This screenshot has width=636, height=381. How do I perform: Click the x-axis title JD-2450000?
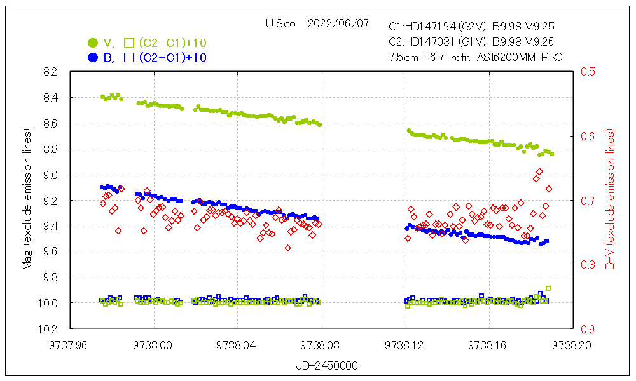tap(322, 366)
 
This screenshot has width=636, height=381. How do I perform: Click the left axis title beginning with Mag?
tap(27, 200)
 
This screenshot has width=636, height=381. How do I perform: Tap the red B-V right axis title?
tap(611, 200)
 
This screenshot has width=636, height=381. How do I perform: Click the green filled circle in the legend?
tap(93, 43)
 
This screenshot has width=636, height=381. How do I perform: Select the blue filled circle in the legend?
tap(93, 58)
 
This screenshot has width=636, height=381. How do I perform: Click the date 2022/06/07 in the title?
tap(338, 24)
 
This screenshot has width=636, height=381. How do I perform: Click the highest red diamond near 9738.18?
tap(539, 171)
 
